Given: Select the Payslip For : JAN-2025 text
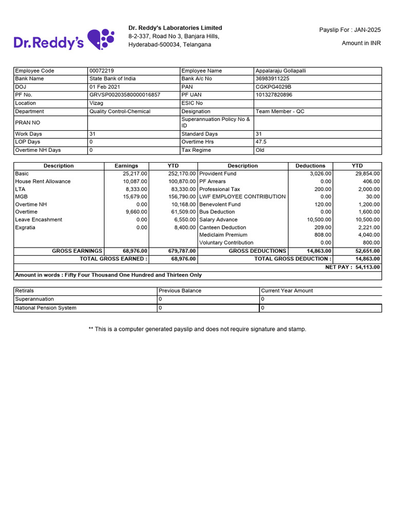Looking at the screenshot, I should click(350, 30).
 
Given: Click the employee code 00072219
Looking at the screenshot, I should click(102, 71).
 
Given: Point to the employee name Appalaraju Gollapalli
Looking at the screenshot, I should click(280, 71).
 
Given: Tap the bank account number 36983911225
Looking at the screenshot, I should click(273, 79).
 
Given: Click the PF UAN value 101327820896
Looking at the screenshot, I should click(274, 95).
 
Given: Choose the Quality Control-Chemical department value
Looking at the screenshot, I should click(120, 111).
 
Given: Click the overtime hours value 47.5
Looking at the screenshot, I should click(261, 142).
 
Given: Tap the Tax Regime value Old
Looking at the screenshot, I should click(260, 150).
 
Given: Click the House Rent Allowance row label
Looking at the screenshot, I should click(43, 181).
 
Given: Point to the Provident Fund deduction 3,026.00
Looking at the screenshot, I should click(319, 173).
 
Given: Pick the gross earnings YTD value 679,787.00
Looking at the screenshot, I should click(182, 251).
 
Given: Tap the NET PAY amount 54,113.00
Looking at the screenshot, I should click(367, 267).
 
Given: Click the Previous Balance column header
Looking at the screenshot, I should click(180, 291).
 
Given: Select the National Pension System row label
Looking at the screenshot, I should click(46, 308).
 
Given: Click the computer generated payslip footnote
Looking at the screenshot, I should click(197, 329).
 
